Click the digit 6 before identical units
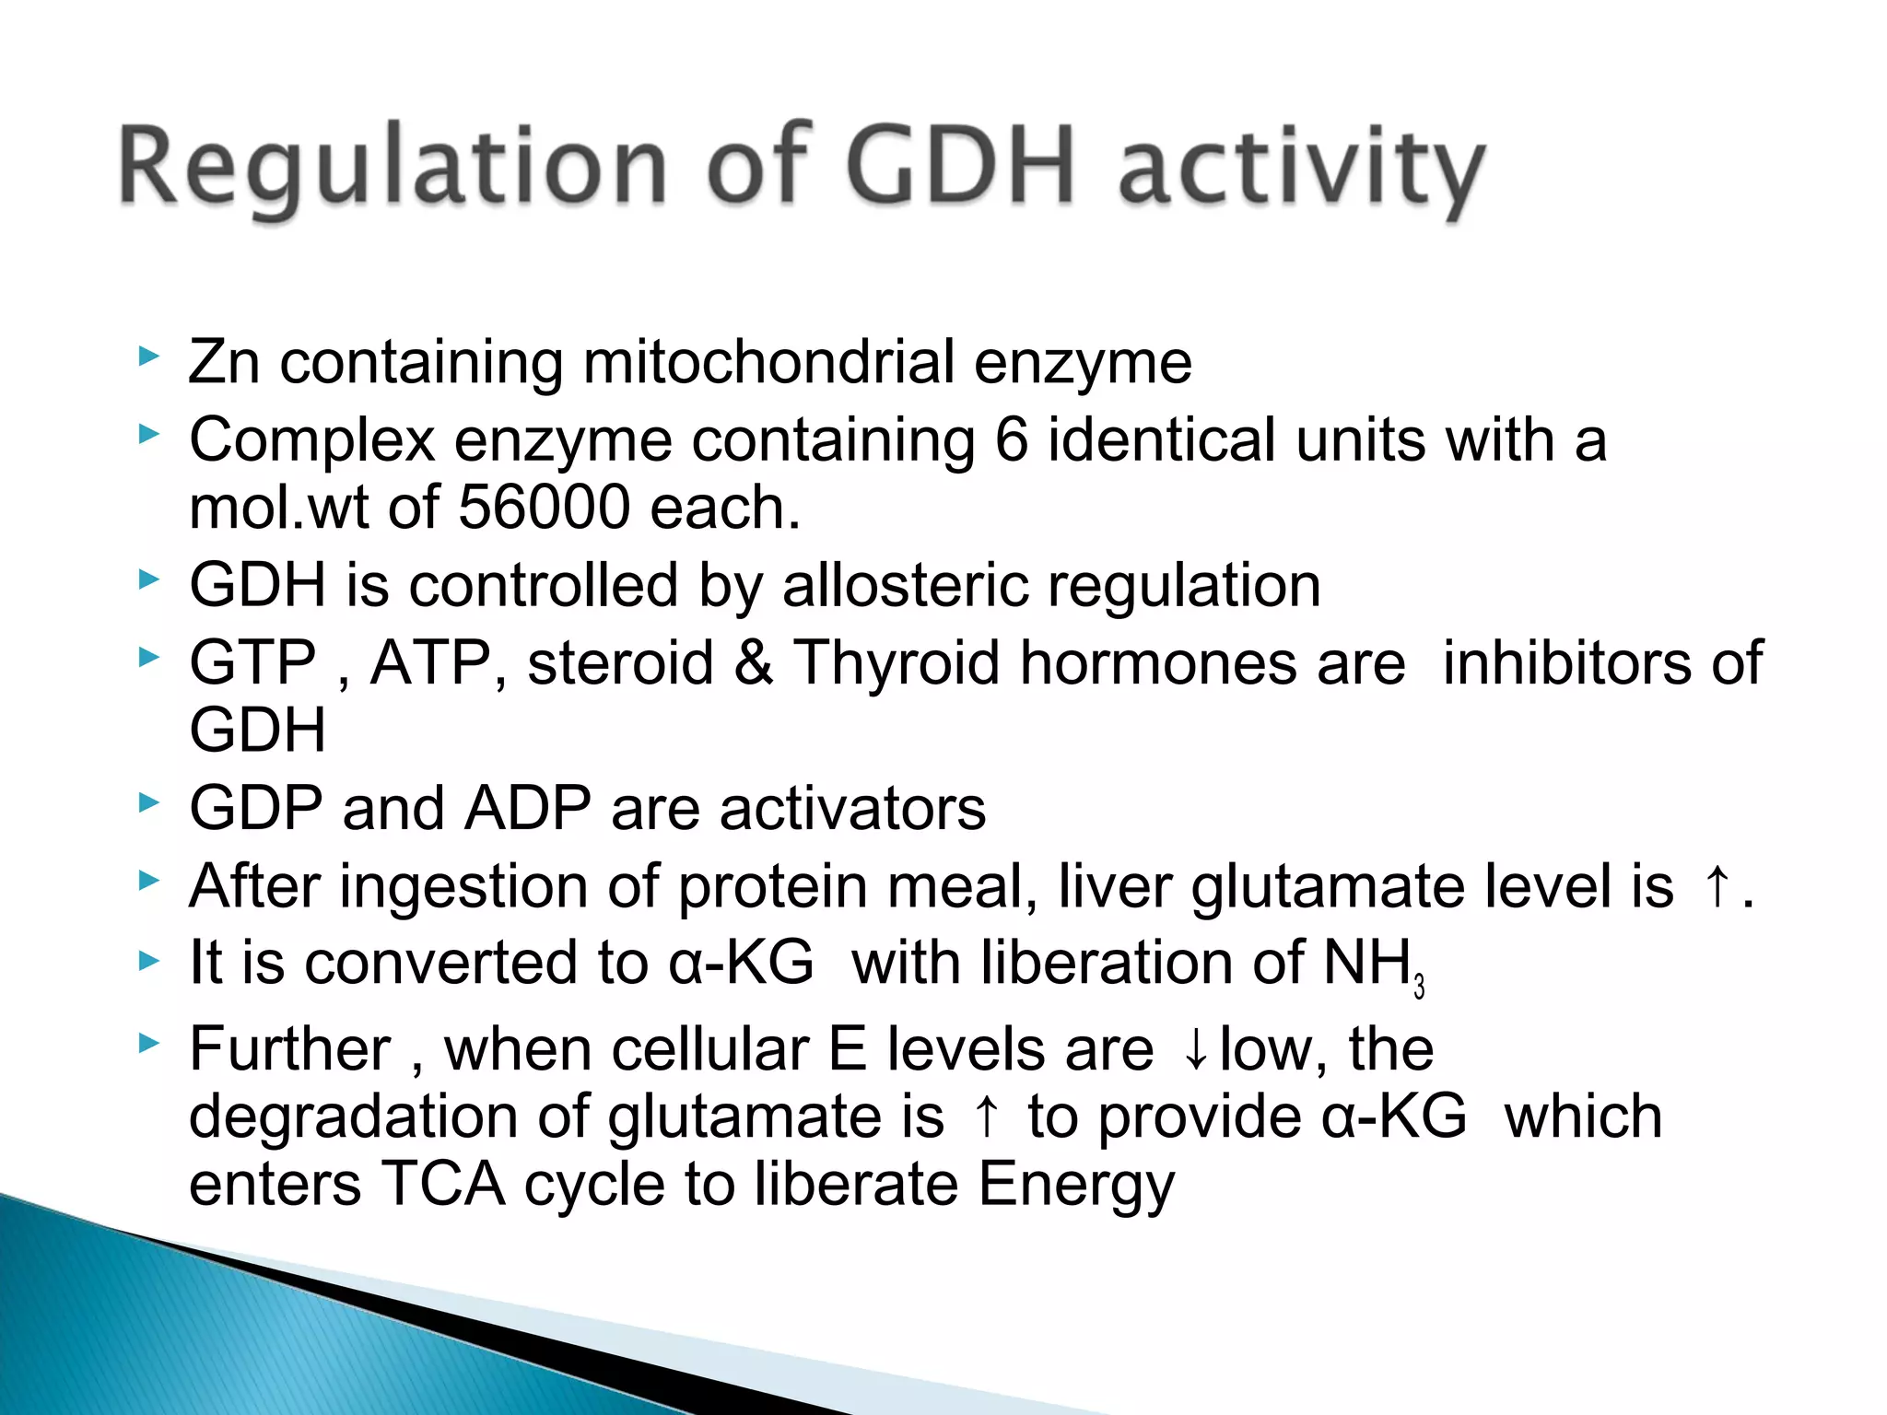point(1011,439)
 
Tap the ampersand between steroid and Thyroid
point(754,662)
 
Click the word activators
point(852,809)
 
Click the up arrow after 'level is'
point(1716,886)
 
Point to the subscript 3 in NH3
point(1419,987)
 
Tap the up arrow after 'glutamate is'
point(986,1117)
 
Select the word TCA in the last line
point(443,1184)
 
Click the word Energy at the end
point(1076,1186)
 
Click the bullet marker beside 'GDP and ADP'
point(148,803)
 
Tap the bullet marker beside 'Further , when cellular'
point(148,1044)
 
